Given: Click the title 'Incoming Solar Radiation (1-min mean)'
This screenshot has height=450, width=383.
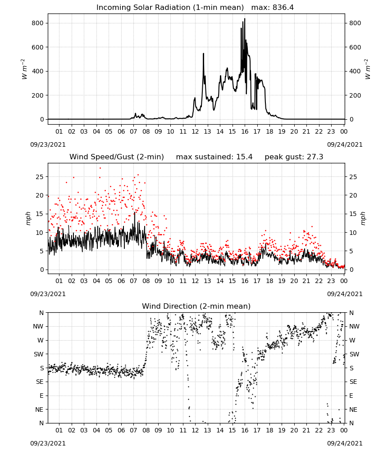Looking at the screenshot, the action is (170, 8).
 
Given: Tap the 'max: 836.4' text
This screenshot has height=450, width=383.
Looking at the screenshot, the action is (273, 8).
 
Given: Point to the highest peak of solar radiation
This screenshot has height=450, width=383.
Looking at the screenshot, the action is (245, 19).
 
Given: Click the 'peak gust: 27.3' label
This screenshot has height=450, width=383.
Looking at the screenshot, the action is (294, 157).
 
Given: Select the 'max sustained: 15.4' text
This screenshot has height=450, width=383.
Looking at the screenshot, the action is (214, 157).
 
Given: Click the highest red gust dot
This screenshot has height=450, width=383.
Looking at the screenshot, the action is (100, 168).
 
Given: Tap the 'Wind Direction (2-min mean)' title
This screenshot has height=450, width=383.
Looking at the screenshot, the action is (196, 306).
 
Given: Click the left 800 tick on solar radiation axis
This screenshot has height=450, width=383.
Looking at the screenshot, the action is (37, 23).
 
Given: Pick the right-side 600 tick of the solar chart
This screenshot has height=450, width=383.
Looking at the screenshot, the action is (355, 47).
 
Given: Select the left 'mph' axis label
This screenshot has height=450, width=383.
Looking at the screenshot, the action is (28, 218).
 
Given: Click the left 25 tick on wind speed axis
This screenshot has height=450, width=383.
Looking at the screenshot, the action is (40, 177).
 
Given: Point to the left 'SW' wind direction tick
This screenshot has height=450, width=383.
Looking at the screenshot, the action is (39, 354).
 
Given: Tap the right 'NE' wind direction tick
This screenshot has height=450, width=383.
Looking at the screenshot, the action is (353, 409).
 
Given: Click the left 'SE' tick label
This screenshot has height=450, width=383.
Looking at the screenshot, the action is (40, 382).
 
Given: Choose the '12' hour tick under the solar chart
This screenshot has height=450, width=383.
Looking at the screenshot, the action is (195, 131).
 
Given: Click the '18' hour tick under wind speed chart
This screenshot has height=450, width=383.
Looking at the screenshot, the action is (269, 281).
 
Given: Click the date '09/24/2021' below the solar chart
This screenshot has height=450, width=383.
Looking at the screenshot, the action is (345, 144).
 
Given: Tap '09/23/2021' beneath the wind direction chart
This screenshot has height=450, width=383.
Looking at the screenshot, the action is (48, 443).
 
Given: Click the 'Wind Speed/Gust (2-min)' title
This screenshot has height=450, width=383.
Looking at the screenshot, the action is (117, 157).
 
